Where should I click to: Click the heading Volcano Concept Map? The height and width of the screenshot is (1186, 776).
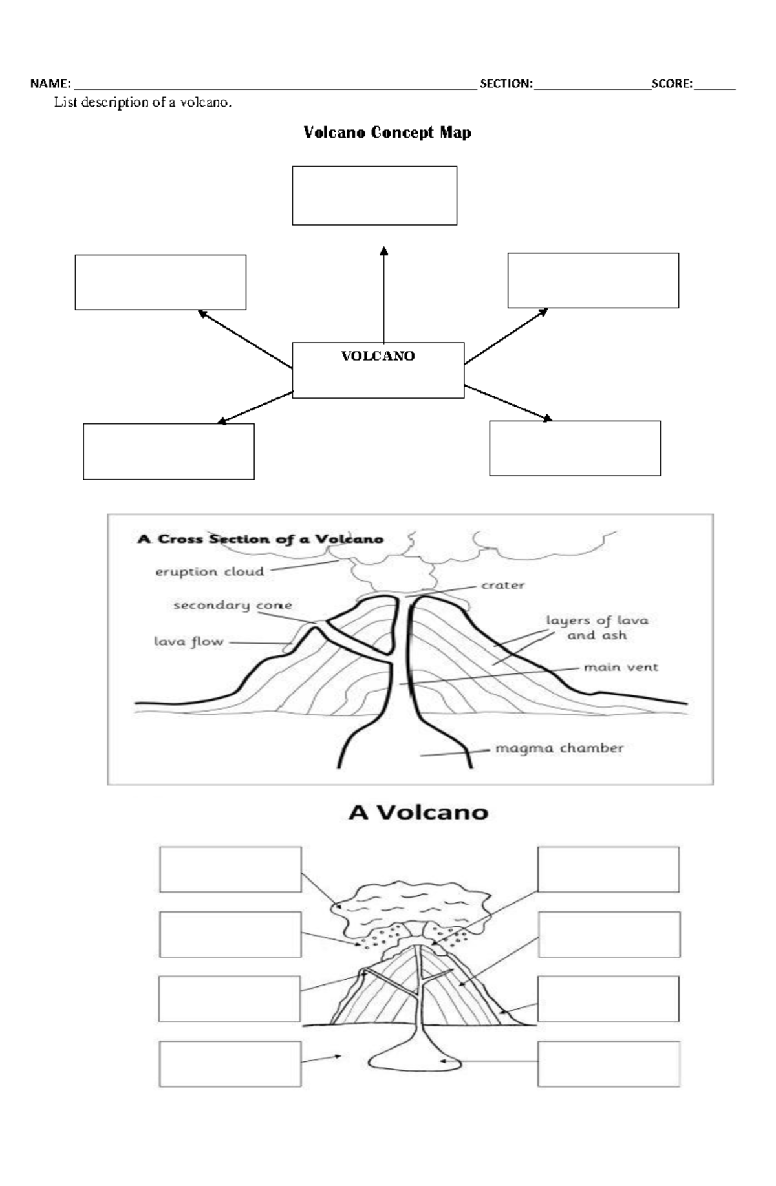tap(387, 132)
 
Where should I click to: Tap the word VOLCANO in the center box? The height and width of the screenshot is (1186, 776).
tap(378, 356)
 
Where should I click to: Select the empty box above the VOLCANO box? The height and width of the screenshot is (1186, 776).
tap(374, 196)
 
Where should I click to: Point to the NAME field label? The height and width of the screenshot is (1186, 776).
tap(50, 83)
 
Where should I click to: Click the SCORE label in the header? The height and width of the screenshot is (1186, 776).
tap(671, 83)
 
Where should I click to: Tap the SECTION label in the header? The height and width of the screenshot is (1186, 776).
tap(506, 83)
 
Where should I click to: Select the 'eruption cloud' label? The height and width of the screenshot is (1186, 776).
tap(210, 572)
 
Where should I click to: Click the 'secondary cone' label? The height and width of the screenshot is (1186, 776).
tap(232, 606)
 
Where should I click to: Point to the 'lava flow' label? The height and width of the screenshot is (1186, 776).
tap(188, 642)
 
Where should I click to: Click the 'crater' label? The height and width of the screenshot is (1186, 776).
tap(502, 586)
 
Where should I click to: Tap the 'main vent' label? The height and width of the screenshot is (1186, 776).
tap(621, 667)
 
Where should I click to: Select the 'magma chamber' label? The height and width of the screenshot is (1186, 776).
tap(559, 748)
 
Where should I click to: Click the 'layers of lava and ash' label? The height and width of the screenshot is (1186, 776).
tap(597, 628)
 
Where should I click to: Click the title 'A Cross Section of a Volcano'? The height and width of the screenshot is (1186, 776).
tap(260, 539)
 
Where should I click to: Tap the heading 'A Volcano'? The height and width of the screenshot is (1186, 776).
tap(418, 812)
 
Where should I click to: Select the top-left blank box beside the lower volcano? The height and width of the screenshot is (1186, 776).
tap(230, 870)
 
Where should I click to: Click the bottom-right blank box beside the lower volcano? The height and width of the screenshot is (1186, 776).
tap(609, 1064)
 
